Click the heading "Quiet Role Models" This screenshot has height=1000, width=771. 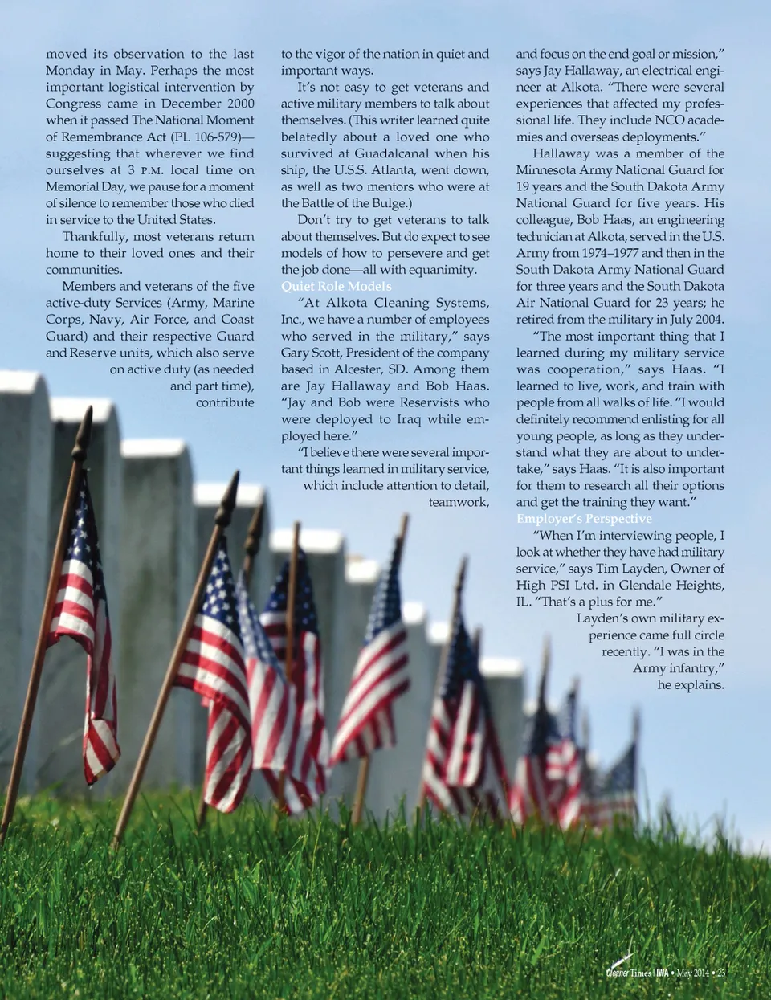(336, 287)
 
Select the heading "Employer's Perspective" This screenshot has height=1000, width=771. (584, 519)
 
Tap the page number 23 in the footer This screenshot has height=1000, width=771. (721, 973)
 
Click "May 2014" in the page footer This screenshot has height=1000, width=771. (693, 973)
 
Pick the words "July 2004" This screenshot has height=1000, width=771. (696, 320)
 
